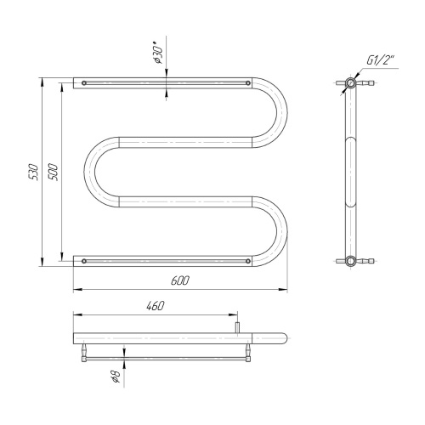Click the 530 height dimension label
(x=34, y=172)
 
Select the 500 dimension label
(x=53, y=172)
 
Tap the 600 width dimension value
(x=179, y=280)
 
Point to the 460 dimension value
(x=156, y=306)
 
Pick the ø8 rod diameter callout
(x=116, y=376)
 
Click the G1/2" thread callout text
(x=381, y=60)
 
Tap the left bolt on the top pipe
(x=84, y=83)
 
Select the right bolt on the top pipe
(x=248, y=83)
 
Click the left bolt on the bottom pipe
(x=84, y=261)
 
